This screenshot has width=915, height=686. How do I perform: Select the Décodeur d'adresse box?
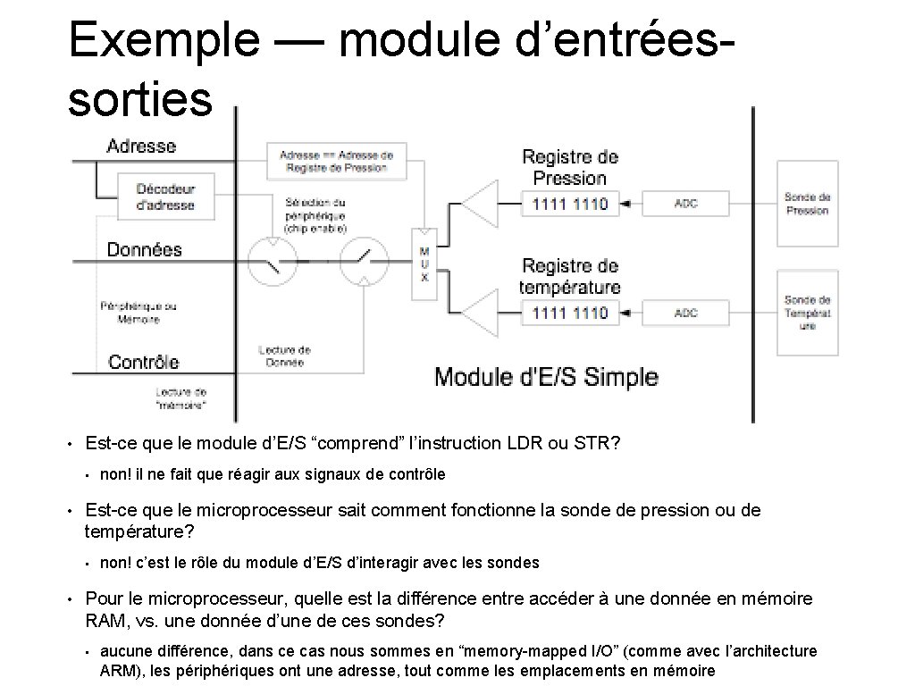coord(165,197)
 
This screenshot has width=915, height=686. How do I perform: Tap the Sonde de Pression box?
coord(807,204)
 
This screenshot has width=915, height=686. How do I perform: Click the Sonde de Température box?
coord(807,313)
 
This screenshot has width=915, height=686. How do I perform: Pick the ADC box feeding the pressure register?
coord(686,204)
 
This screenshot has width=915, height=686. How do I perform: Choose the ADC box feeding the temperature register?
coord(686,313)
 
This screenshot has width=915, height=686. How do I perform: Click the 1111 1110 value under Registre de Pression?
coord(569,204)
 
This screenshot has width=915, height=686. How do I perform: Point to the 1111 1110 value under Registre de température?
coord(569,313)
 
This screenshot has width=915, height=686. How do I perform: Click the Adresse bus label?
coord(141,146)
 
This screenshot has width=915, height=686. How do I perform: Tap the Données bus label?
coord(144,250)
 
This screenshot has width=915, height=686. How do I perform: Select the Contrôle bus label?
coord(143,362)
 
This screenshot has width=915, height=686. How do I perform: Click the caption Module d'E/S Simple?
coord(546,377)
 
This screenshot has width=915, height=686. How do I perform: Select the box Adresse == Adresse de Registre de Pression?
coord(336,161)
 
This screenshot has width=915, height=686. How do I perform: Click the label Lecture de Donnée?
coord(284,356)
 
